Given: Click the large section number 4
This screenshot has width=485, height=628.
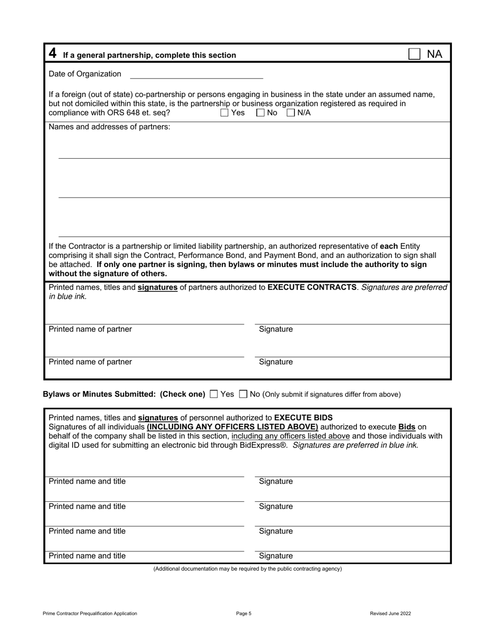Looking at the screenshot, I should pos(53,53).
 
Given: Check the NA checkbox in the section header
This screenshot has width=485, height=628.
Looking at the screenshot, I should pos(415,54).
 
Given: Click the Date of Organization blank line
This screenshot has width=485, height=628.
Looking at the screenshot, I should pos(197,75).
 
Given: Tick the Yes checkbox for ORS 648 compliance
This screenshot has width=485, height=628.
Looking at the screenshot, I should pos(225,113).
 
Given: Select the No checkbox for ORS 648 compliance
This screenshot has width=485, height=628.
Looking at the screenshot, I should pos(260,113).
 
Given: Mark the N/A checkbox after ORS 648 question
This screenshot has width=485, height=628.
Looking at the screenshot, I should pos(290,113).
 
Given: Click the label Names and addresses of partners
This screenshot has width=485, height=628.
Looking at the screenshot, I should pos(109,127).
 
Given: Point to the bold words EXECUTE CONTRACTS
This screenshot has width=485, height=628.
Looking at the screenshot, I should pos(311,287).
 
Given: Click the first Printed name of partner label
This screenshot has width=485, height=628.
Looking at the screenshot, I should pos(90,329).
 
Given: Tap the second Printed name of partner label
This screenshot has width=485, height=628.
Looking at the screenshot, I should pos(90,362).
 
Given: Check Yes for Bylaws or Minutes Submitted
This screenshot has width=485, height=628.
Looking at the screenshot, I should pos(214,394).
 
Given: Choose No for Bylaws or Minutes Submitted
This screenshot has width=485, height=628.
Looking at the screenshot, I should pos(243,394).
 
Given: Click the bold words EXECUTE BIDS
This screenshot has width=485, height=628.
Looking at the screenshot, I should pos(303,418).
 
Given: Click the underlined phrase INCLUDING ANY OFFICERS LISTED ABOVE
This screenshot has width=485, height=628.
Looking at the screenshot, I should pos(232,426).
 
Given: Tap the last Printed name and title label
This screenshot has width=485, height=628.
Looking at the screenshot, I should pos(87,556).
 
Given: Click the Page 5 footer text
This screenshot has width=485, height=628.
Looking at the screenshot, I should pos(244,614).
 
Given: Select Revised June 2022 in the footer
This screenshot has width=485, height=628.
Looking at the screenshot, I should pos(390,614).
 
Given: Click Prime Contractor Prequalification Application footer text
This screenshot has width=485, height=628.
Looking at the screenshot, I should pos(90,614).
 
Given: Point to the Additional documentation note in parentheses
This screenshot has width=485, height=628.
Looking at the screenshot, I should pos(248,569).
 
